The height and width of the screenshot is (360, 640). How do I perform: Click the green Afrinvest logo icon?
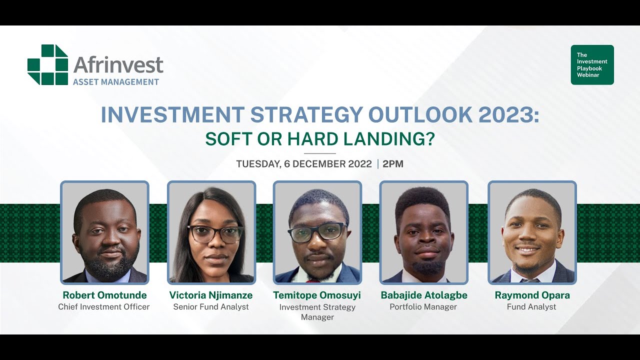pyautogui.click(x=47, y=64)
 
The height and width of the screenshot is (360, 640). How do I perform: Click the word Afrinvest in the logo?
pyautogui.click(x=118, y=65)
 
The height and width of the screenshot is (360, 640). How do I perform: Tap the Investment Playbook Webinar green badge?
pyautogui.click(x=592, y=65)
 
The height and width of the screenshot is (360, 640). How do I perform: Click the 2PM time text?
pyautogui.click(x=392, y=164)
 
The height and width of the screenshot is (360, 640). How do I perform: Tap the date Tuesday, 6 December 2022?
pyautogui.click(x=304, y=164)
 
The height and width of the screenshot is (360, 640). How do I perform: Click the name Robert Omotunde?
pyautogui.click(x=104, y=295)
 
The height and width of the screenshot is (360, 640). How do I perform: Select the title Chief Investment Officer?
pyautogui.click(x=104, y=307)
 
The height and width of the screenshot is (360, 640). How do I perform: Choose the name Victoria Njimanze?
pyautogui.click(x=211, y=295)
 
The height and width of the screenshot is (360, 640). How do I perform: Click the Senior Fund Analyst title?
pyautogui.click(x=211, y=307)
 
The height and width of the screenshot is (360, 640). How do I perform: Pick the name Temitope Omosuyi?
pyautogui.click(x=317, y=295)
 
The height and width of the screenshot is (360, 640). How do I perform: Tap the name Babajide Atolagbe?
pyautogui.click(x=424, y=295)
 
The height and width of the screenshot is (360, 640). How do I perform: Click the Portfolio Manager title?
pyautogui.click(x=423, y=307)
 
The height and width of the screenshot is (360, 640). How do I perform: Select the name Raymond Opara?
pyautogui.click(x=532, y=295)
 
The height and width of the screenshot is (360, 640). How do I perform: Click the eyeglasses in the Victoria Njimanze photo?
pyautogui.click(x=215, y=234)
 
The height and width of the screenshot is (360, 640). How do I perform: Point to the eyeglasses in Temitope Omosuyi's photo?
pyautogui.click(x=317, y=231)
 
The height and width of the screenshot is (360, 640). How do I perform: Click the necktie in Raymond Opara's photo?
pyautogui.click(x=530, y=280)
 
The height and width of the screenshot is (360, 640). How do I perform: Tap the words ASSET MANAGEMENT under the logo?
pyautogui.click(x=116, y=82)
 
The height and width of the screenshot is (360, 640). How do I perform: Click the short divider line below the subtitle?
pyautogui.click(x=319, y=153)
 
